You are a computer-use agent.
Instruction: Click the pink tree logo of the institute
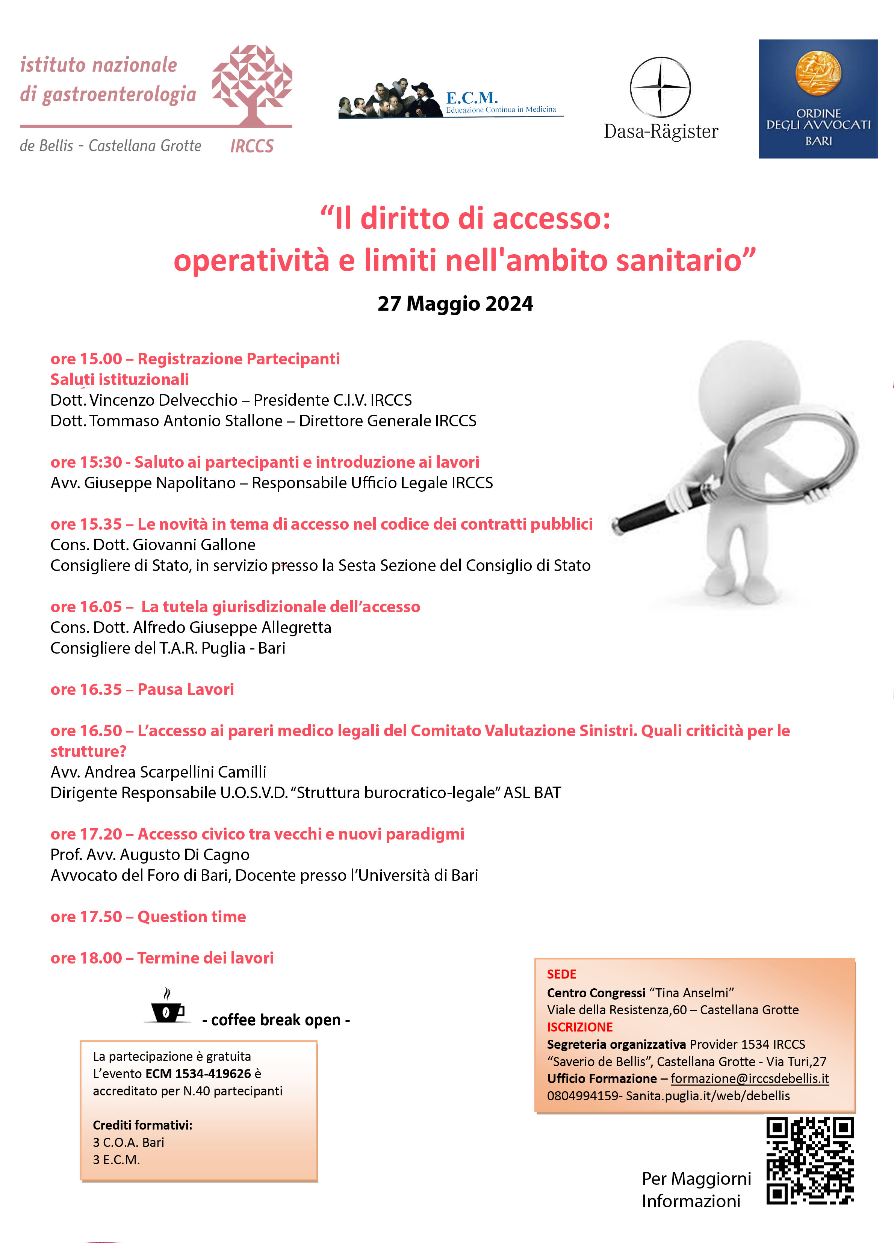tap(252, 82)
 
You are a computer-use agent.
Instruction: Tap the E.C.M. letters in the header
tap(471, 98)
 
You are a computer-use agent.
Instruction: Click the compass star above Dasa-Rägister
tap(661, 87)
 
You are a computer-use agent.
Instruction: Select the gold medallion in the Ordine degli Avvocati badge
tap(818, 72)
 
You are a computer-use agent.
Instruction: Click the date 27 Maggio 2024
tap(455, 304)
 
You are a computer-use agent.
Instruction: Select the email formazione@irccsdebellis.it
tap(749, 1078)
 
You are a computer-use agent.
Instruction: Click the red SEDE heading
tap(561, 974)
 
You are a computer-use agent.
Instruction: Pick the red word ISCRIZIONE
tap(579, 1027)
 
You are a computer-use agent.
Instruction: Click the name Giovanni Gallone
tap(194, 545)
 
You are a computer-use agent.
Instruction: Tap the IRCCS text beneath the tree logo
tap(252, 147)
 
